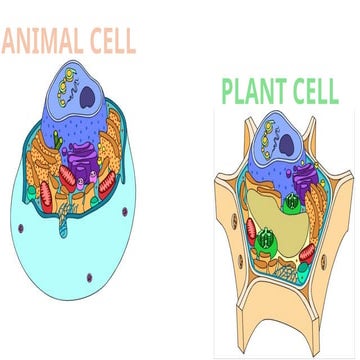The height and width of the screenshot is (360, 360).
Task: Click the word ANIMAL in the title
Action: [x=44, y=42]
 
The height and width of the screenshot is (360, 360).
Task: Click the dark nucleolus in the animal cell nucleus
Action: [x=89, y=96]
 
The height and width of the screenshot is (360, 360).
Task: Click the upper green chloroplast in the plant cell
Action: [x=291, y=206]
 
